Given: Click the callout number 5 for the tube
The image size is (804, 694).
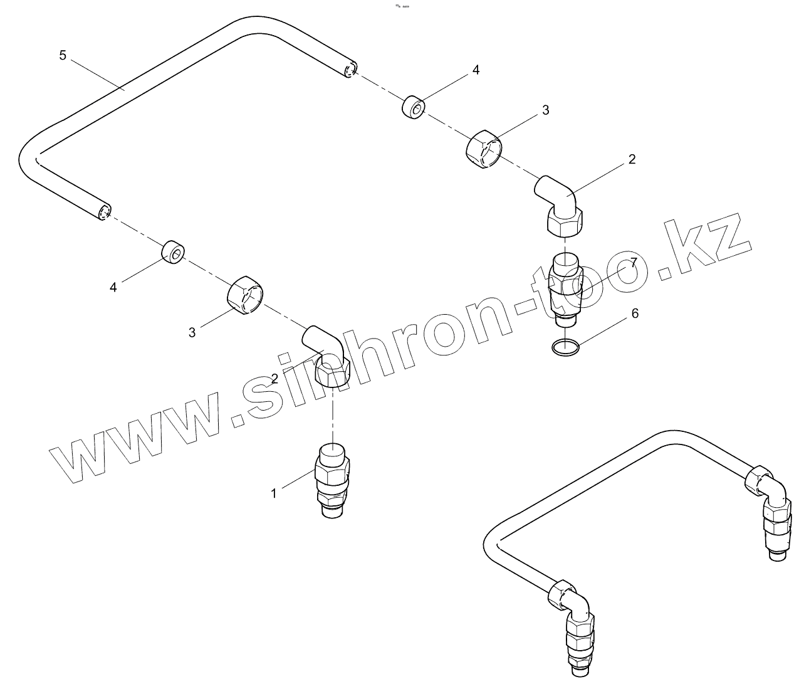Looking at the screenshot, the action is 63,55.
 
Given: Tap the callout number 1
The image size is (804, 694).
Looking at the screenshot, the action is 273,493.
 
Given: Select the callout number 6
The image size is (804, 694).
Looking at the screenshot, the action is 635,313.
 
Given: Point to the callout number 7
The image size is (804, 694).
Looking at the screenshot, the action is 634,263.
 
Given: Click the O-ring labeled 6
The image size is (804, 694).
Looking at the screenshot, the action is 566,345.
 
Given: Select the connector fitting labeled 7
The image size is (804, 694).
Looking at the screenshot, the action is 565,286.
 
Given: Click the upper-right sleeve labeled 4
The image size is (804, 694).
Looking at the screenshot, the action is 413,107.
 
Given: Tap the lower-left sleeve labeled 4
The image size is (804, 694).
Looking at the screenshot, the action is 173,252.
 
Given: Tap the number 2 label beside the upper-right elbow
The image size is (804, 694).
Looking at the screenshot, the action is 632,159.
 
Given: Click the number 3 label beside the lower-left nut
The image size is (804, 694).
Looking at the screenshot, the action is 192,332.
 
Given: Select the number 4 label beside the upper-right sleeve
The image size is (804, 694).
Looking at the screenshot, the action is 476,70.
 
